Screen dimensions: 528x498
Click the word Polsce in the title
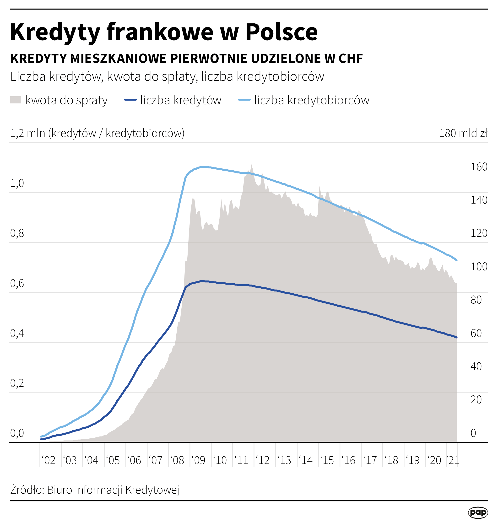pyautogui.click(x=281, y=32)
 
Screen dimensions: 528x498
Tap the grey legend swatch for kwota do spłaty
pyautogui.click(x=15, y=100)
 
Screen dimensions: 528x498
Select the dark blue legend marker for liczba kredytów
pyautogui.click(x=130, y=100)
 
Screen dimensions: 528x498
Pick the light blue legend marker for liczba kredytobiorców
pyautogui.click(x=244, y=100)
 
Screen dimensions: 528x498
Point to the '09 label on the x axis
pyautogui.click(x=198, y=460)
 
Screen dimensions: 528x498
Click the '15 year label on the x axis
pyautogui.click(x=327, y=460)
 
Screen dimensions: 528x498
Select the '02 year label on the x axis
pyautogui.click(x=49, y=460)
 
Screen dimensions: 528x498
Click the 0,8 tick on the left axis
pyautogui.click(x=17, y=233)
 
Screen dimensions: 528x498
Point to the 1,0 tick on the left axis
pyautogui.click(x=17, y=183)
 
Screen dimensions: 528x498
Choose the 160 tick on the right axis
pyautogui.click(x=479, y=167)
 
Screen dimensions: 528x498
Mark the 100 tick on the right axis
pyautogui.click(x=479, y=267)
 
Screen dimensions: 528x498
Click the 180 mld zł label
pyautogui.click(x=463, y=133)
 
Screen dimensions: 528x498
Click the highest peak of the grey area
pyautogui.click(x=251, y=164)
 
